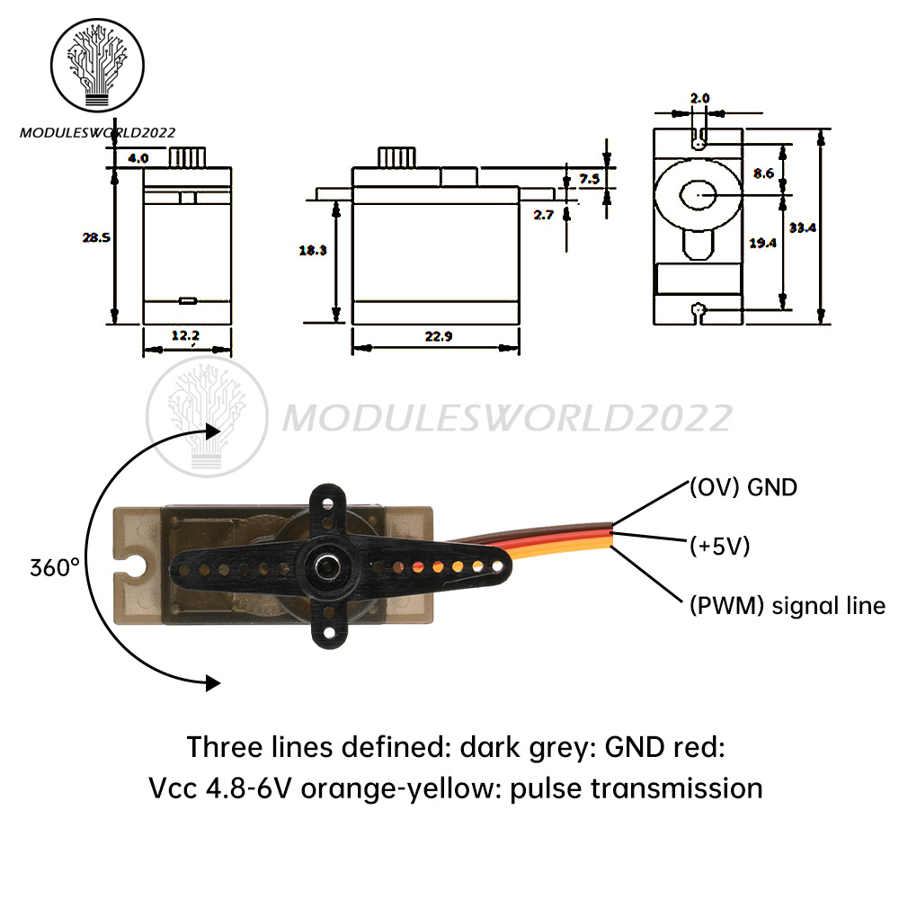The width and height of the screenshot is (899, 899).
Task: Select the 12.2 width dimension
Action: pos(186,335)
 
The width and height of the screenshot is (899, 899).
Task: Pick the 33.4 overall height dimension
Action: pos(803,228)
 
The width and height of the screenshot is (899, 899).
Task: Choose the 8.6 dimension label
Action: pos(764,174)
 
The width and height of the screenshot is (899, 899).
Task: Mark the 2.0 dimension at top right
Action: pos(700,97)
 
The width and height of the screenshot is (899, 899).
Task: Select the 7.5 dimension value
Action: pos(590,179)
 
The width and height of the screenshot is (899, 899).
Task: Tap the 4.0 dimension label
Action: pos(138,157)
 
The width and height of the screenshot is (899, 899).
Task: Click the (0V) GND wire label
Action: pos(743,488)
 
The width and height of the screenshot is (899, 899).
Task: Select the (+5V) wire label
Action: pos(719,546)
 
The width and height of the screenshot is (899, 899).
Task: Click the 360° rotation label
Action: pos(55,568)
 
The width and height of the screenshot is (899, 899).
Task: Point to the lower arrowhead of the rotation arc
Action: pos(212,683)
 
